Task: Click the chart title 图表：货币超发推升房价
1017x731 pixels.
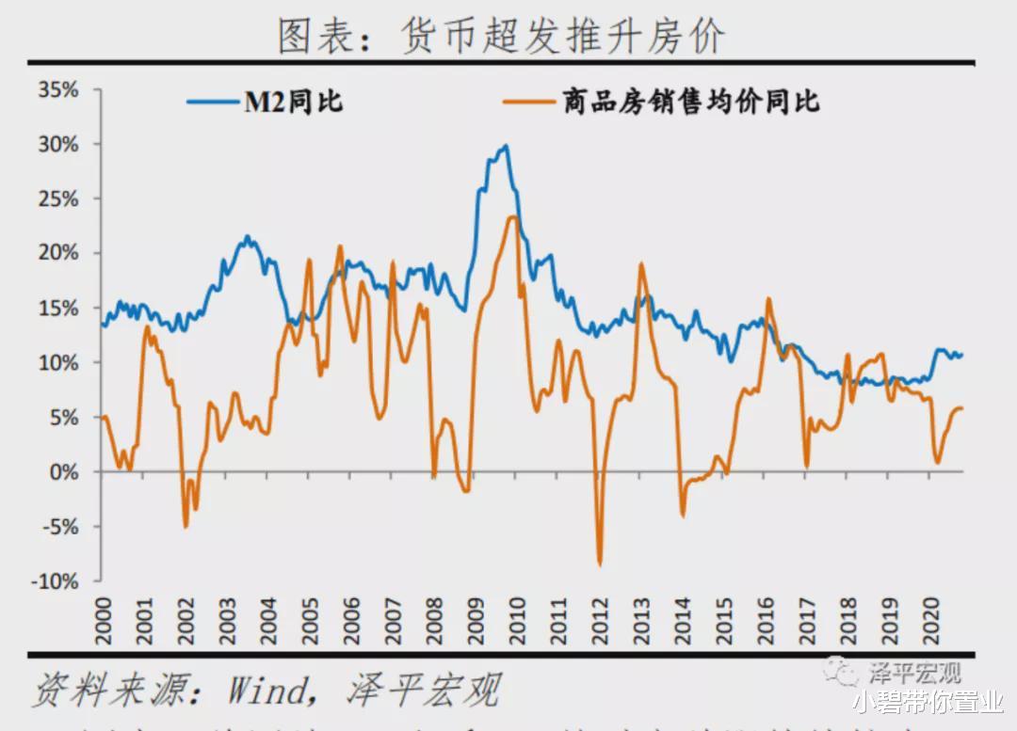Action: pyautogui.click(x=501, y=36)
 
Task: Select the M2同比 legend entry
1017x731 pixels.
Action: pyautogui.click(x=293, y=103)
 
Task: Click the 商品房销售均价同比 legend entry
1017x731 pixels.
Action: pyautogui.click(x=692, y=103)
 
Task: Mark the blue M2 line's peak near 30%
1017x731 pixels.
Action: pyautogui.click(x=505, y=146)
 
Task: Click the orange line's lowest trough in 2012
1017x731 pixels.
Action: pyautogui.click(x=599, y=564)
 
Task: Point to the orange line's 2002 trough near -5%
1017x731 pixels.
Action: pyautogui.click(x=186, y=526)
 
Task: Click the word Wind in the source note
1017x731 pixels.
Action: pyautogui.click(x=266, y=691)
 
